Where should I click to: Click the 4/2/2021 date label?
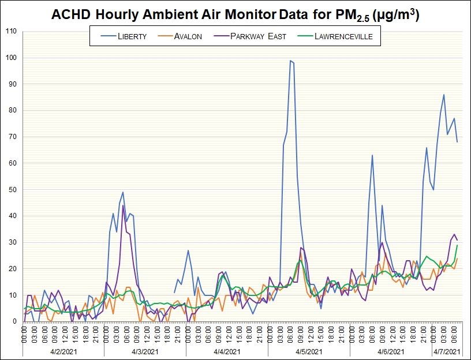pyautogui.click(x=63, y=351)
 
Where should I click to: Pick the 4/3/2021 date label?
pyautogui.click(x=145, y=351)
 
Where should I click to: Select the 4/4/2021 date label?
pyautogui.click(x=227, y=351)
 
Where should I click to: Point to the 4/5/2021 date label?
pyautogui.click(x=309, y=351)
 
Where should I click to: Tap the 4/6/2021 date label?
pyautogui.click(x=390, y=351)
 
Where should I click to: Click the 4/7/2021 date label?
pyautogui.click(x=447, y=351)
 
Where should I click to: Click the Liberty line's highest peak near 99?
pyautogui.click(x=290, y=61)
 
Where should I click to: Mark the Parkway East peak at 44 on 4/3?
pyautogui.click(x=123, y=205)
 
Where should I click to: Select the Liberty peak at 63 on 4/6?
pyautogui.click(x=372, y=155)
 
